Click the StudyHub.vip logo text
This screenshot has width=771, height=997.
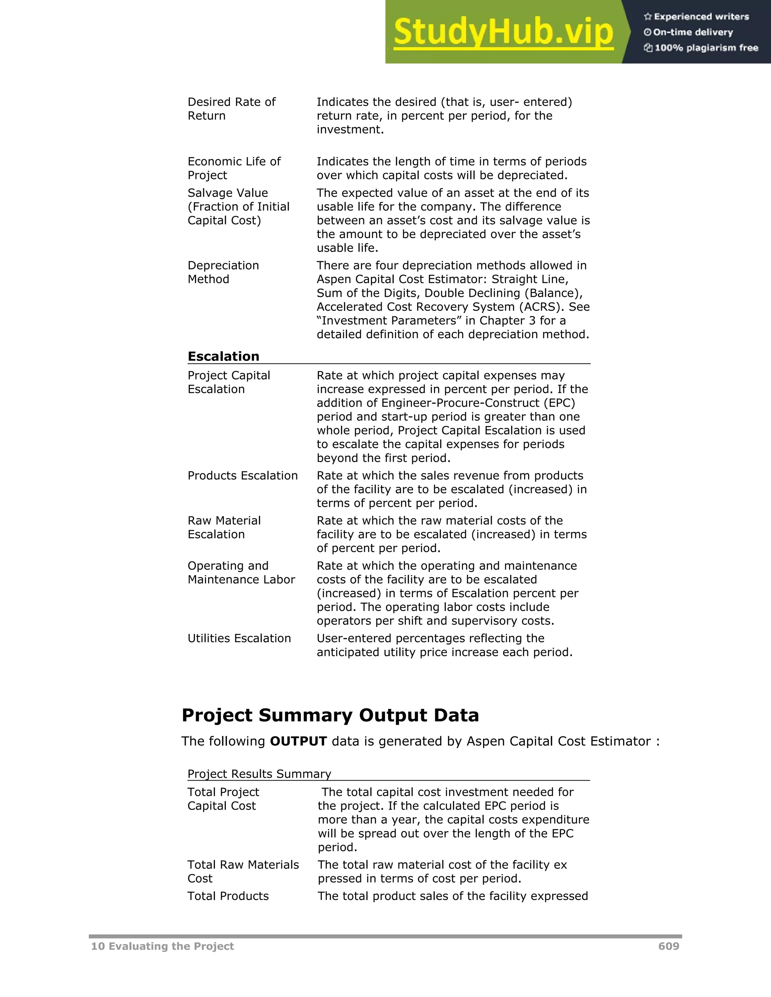(503, 32)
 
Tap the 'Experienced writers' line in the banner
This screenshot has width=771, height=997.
(701, 17)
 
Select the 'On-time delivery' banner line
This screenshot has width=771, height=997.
(692, 32)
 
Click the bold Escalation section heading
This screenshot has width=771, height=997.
(223, 356)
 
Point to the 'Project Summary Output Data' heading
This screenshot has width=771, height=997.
(330, 715)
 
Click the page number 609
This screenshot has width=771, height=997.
(669, 946)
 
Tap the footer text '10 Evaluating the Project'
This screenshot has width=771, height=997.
(162, 946)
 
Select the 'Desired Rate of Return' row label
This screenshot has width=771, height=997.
(231, 109)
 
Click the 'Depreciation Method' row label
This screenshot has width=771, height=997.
(223, 272)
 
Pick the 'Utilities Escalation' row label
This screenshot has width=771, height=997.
(239, 638)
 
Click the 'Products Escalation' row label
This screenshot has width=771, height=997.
(242, 475)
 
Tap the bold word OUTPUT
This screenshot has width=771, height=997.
(298, 741)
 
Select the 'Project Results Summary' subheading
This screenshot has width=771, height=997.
(259, 774)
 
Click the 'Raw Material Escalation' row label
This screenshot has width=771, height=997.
(224, 527)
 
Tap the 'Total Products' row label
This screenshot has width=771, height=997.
(228, 896)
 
